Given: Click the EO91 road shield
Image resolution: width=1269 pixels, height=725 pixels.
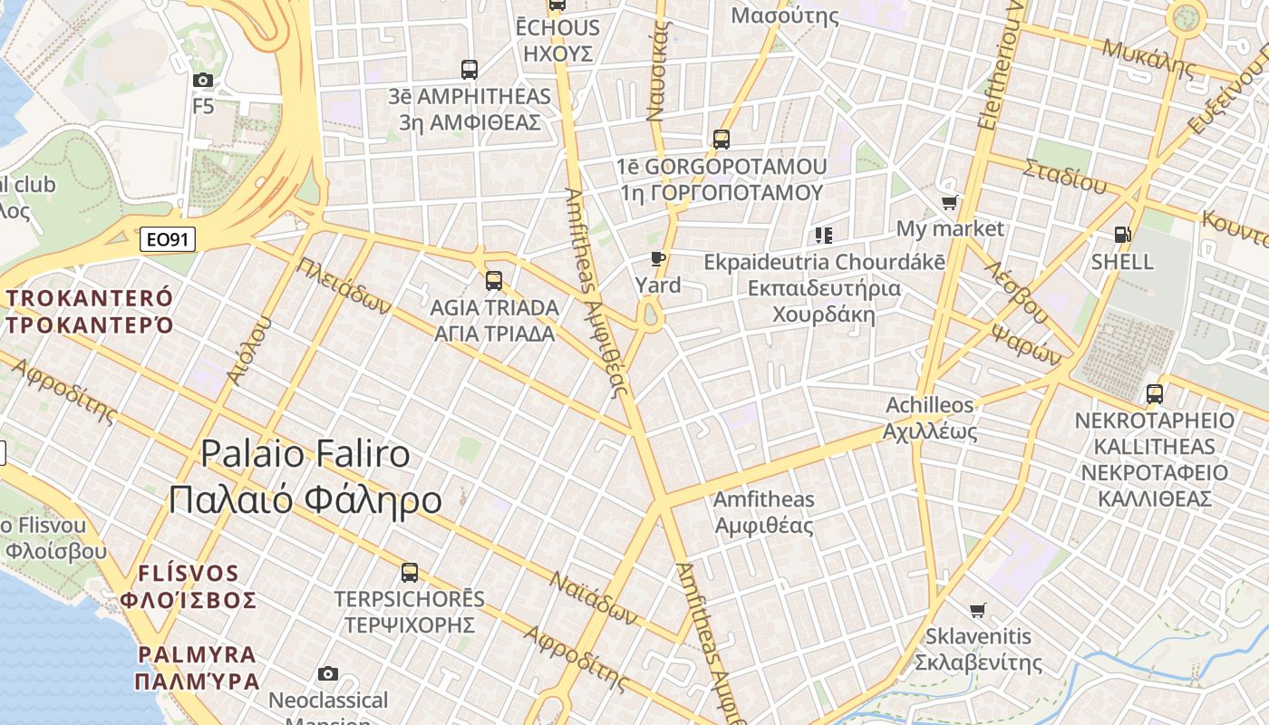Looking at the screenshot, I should [169, 240].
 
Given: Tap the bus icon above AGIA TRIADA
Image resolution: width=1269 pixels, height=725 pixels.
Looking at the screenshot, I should [494, 280].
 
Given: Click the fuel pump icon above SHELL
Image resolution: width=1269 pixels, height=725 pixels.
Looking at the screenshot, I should [1122, 235].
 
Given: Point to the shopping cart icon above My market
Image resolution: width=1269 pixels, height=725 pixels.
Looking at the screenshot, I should [949, 202].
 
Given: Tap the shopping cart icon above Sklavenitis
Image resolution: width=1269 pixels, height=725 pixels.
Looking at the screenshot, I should [977, 610].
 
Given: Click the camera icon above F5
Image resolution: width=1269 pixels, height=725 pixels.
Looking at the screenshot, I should [203, 80].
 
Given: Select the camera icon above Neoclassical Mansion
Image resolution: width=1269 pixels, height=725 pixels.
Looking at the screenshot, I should [328, 673].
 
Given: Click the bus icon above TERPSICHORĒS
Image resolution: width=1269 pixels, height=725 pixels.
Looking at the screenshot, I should [410, 572].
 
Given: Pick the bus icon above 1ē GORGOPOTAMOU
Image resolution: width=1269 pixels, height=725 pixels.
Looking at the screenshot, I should [722, 140].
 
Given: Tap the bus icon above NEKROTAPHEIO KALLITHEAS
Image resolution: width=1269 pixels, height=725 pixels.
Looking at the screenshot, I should [1155, 394].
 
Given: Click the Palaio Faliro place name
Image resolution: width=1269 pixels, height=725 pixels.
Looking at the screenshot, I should [305, 453].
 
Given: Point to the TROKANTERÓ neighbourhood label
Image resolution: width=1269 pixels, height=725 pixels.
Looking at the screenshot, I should [90, 299].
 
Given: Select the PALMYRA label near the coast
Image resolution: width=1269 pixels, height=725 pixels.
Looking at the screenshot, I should [198, 654].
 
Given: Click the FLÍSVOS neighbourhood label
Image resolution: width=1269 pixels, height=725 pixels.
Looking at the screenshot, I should [189, 574].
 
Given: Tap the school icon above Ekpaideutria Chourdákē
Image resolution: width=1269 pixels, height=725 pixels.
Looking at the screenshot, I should [824, 236].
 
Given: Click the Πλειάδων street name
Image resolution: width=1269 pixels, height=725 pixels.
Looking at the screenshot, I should [344, 285].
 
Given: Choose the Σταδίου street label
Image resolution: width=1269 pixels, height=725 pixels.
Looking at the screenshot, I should [1065, 177].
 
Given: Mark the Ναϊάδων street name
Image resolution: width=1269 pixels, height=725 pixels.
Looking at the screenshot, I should [594, 598].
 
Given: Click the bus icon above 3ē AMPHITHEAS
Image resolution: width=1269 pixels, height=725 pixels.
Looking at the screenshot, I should [470, 69].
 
